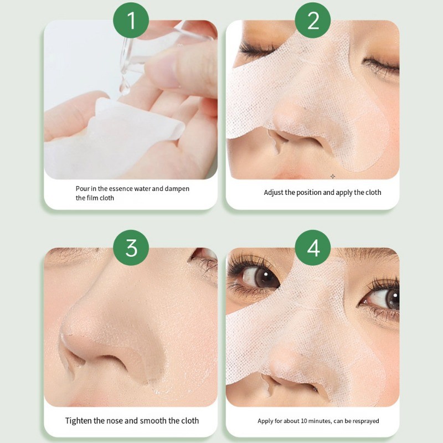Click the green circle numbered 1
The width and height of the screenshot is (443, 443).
tap(131, 20)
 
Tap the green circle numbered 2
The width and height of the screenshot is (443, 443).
tap(313, 20)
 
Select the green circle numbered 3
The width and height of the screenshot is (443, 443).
tap(131, 248)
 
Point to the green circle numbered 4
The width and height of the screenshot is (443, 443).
tap(313, 248)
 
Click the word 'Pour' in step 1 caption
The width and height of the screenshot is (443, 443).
tap(83, 188)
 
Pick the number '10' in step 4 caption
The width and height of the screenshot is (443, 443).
tap(304, 421)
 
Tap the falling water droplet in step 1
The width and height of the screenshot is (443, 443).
tap(124, 84)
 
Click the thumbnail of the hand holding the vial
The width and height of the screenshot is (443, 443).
tap(131, 100)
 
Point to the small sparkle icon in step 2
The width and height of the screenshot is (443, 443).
tap(333, 176)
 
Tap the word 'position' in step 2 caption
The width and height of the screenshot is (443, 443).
tap(310, 193)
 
